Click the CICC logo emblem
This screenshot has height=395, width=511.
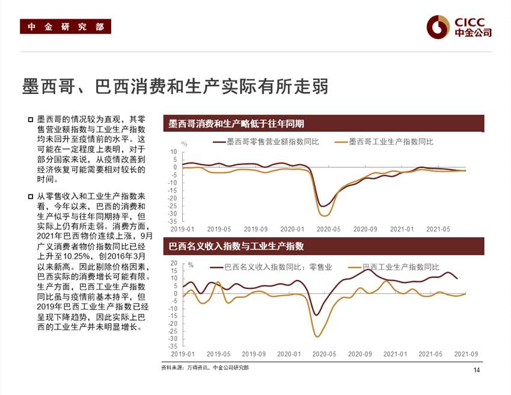click(438, 26)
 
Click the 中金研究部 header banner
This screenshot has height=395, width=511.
click(66, 26)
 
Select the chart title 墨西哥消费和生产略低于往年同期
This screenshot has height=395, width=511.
click(236, 123)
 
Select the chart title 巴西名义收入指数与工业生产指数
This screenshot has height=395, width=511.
click(236, 246)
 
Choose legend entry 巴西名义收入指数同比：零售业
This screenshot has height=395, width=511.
click(277, 267)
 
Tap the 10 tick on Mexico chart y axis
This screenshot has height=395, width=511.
click(174, 152)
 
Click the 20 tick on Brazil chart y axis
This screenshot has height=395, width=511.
click(174, 263)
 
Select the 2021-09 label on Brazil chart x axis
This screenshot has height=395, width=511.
click(465, 354)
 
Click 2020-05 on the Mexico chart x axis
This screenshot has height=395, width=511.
click(328, 229)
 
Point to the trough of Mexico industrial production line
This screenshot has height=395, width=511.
click(324, 216)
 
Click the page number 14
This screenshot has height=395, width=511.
click(477, 370)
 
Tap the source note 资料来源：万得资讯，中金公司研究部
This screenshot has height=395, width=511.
click(204, 367)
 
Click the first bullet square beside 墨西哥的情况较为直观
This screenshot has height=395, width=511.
click(30, 119)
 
